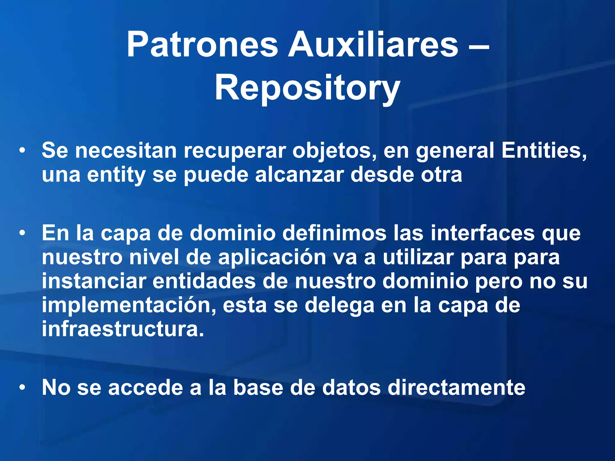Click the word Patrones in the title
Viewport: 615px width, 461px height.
pyautogui.click(x=202, y=45)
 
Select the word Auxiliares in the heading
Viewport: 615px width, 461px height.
pyautogui.click(x=373, y=45)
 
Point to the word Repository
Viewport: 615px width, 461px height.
pyautogui.click(x=307, y=89)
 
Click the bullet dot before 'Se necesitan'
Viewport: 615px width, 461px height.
pyautogui.click(x=22, y=151)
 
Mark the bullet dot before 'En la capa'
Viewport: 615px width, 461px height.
pyautogui.click(x=22, y=233)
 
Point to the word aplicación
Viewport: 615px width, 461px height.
pyautogui.click(x=272, y=258)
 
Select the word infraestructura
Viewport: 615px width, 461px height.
pyautogui.click(x=123, y=329)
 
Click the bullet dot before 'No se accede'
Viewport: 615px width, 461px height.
pyautogui.click(x=22, y=387)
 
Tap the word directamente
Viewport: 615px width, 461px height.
pyautogui.click(x=456, y=387)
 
